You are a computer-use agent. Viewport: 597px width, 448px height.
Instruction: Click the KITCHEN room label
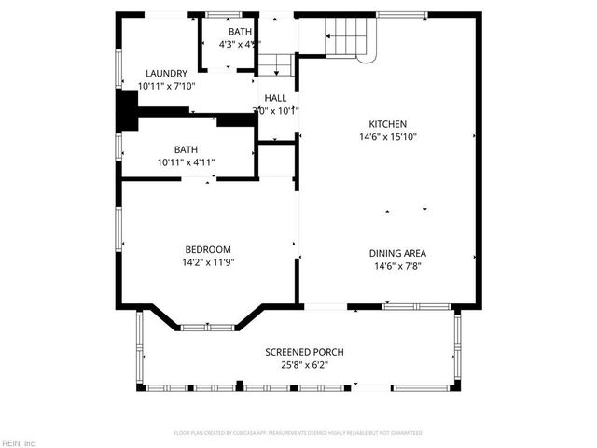(387, 124)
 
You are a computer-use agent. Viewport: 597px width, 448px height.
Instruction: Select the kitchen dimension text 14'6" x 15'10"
(387, 136)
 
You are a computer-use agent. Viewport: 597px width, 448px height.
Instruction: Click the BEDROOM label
(207, 249)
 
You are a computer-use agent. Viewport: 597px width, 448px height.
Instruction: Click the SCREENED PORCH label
(304, 352)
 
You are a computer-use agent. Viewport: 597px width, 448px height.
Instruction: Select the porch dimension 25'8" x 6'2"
(304, 364)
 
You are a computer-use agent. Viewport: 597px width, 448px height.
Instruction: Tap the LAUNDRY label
(166, 74)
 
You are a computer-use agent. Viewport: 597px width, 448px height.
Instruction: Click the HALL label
(275, 98)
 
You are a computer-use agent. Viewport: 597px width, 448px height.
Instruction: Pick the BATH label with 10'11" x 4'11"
(186, 149)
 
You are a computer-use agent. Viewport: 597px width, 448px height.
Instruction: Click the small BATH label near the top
(228, 32)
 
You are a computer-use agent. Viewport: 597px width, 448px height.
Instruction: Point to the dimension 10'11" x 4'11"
(186, 162)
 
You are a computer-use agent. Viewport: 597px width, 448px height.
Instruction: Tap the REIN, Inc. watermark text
(18, 442)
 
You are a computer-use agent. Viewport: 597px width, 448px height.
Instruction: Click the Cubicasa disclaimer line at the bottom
(298, 433)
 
